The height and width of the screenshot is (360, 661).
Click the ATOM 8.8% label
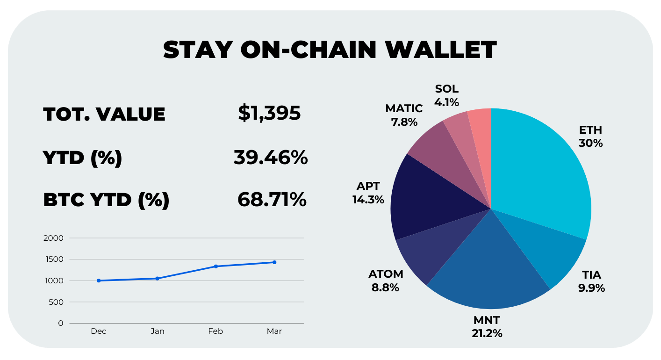(386, 281)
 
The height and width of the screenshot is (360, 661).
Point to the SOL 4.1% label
(446, 95)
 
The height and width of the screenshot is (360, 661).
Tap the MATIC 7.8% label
(404, 115)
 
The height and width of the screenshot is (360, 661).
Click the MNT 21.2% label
(487, 327)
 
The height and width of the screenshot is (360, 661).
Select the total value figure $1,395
(269, 113)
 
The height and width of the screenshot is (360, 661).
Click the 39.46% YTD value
(271, 158)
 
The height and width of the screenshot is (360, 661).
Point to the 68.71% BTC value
(272, 200)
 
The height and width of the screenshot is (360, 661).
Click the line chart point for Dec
(99, 281)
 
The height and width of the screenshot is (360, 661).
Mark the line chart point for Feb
(216, 266)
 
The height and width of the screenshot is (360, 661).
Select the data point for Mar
(274, 262)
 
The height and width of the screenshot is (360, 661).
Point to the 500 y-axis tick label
(56, 302)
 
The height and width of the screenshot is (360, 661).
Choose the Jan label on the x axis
(158, 331)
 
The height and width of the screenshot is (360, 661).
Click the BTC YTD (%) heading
(106, 200)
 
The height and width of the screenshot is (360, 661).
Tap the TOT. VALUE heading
(104, 114)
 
